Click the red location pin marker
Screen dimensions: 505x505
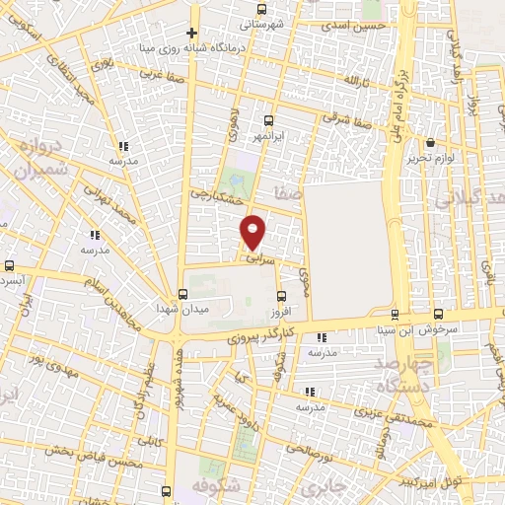click(x=253, y=231)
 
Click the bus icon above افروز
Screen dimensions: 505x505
click(x=281, y=295)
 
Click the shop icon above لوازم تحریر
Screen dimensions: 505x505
click(x=431, y=141)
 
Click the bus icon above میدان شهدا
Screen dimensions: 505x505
click(x=181, y=294)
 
